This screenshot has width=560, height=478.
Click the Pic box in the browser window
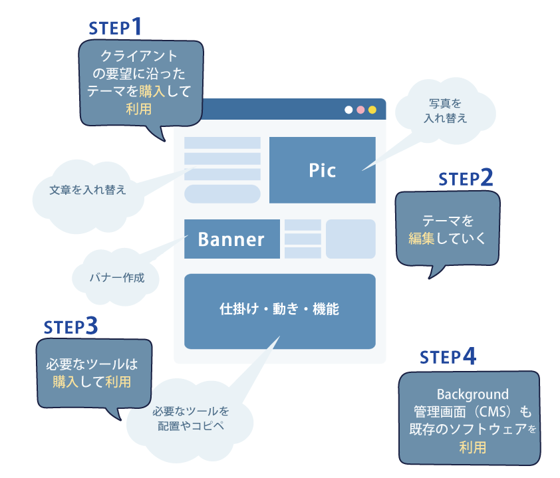click(x=322, y=170)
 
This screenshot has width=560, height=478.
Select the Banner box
click(x=231, y=239)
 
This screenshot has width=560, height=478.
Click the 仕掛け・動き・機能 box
click(x=279, y=310)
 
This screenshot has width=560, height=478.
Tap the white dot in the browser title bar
click(x=349, y=110)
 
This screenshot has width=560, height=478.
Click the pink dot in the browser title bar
click(x=360, y=110)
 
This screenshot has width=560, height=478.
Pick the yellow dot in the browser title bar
click(x=372, y=110)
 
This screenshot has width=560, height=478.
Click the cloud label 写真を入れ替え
click(x=445, y=111)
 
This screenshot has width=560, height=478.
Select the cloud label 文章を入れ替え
click(x=88, y=189)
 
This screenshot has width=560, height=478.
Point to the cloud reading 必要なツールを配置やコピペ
click(x=191, y=418)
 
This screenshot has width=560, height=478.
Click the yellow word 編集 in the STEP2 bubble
click(x=421, y=237)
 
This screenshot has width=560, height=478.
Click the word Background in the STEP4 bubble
click(x=472, y=394)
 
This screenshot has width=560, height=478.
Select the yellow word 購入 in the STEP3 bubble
click(x=66, y=382)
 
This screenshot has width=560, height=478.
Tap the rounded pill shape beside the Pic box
click(x=222, y=193)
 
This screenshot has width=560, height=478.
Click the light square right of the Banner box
click(x=350, y=239)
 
